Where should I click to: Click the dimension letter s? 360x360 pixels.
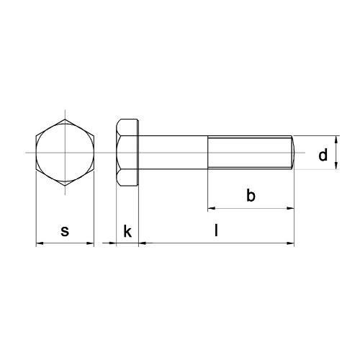(65, 231)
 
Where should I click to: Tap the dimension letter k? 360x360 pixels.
(127, 231)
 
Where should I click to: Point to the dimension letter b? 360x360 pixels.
(251, 195)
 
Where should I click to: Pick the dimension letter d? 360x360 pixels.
(323, 154)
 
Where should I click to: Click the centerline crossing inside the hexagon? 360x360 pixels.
(65, 153)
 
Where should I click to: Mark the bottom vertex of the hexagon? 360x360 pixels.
(65, 186)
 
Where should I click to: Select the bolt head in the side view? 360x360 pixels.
(127, 153)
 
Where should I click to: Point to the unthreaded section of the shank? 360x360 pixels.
(173, 153)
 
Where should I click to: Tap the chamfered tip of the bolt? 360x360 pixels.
(292, 153)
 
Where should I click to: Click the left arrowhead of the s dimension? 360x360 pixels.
(40, 244)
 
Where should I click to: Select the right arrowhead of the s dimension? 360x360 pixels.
(91, 244)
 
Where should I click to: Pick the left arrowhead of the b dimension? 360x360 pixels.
(212, 209)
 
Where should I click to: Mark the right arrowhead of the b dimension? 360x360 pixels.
(291, 209)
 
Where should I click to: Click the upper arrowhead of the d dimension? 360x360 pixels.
(338, 140)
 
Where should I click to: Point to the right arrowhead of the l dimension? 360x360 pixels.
(291, 244)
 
